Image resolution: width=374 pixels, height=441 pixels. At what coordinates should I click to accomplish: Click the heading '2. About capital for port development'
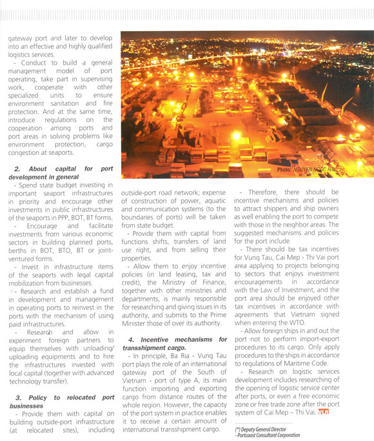61,172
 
